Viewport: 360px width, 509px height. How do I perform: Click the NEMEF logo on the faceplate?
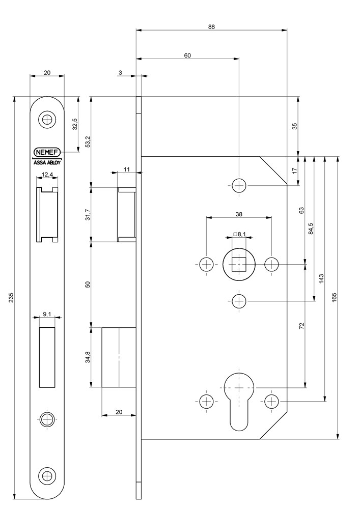click(x=47, y=152)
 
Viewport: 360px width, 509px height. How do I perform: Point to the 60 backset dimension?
click(x=187, y=55)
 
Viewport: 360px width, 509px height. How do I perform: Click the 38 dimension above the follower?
click(x=239, y=214)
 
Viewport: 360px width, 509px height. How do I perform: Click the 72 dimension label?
click(x=301, y=326)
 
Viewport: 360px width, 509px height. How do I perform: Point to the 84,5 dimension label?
click(x=311, y=229)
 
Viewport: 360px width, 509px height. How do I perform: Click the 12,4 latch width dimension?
click(x=47, y=175)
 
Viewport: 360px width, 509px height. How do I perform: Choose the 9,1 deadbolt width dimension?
click(x=47, y=315)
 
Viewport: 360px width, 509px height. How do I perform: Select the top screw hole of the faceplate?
click(x=47, y=120)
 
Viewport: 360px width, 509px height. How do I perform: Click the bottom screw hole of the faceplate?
click(x=47, y=476)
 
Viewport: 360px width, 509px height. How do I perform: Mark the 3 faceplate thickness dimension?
click(x=121, y=73)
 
